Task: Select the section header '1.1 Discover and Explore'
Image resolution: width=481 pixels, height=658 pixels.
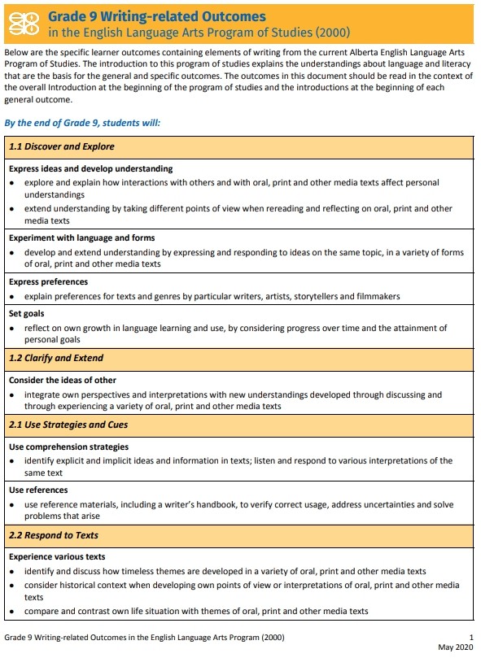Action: tap(62, 147)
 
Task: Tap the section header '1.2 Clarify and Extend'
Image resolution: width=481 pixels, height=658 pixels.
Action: tap(56, 358)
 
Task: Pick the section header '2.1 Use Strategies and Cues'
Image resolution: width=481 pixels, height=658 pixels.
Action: tap(68, 425)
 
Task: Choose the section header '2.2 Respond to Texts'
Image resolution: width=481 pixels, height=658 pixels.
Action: tap(53, 535)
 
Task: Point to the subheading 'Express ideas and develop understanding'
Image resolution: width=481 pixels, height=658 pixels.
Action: tap(90, 169)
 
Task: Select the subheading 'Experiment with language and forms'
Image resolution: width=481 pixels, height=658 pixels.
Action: tap(81, 238)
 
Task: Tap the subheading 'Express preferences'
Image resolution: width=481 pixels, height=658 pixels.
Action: tap(48, 282)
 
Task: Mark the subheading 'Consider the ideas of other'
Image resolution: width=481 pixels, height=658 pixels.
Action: tap(63, 380)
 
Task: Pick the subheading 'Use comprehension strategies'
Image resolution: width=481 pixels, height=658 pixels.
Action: tap(68, 447)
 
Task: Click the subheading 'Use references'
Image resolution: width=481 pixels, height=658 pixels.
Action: tap(38, 490)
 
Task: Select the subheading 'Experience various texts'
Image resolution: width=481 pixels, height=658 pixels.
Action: tap(57, 557)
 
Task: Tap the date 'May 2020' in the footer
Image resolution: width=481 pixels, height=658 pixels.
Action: tap(455, 647)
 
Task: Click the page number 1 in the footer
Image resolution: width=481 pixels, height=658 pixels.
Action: tap(471, 636)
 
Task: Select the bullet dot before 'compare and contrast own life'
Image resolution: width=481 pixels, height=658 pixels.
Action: tap(13, 612)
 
